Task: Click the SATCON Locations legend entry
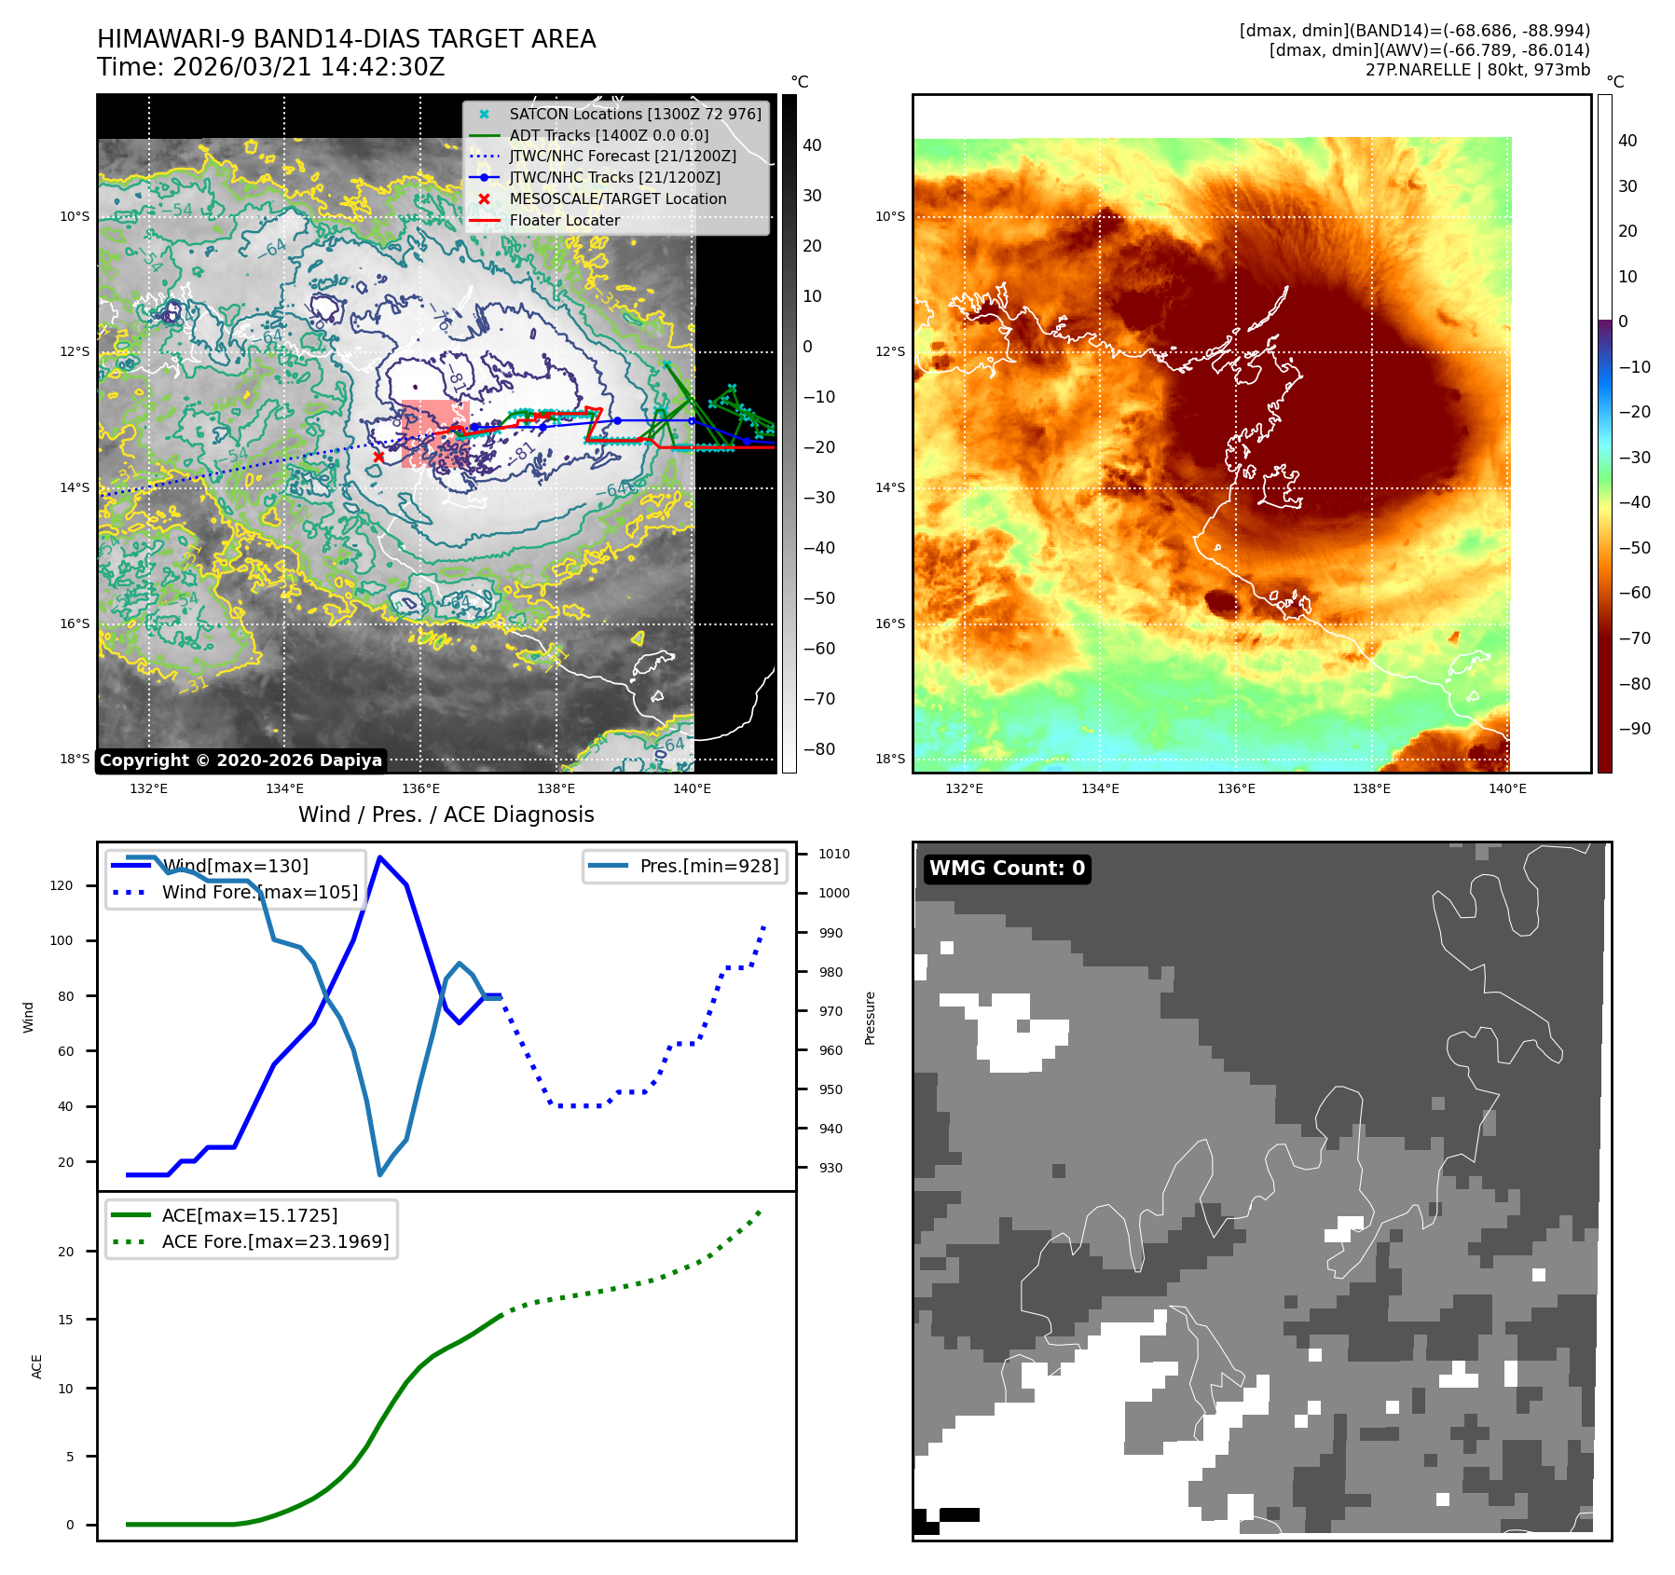click(x=635, y=114)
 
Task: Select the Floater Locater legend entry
click(x=564, y=220)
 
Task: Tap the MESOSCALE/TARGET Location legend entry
click(x=617, y=199)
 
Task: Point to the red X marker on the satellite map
click(x=378, y=457)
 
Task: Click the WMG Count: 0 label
click(x=1007, y=869)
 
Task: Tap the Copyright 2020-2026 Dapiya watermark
click(x=240, y=760)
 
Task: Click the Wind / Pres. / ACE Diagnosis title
click(x=446, y=815)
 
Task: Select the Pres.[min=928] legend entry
click(x=708, y=866)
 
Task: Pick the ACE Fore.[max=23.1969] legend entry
click(x=275, y=1241)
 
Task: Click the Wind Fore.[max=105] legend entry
click(x=259, y=892)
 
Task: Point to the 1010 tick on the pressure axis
click(x=834, y=854)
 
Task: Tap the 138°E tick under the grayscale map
click(x=556, y=788)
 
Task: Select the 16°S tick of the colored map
click(x=890, y=623)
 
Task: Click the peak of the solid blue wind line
click(x=379, y=856)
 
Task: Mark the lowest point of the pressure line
click(x=379, y=1174)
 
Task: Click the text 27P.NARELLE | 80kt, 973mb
click(x=1477, y=70)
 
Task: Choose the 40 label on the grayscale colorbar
click(x=812, y=145)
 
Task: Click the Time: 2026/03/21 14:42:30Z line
click(x=271, y=67)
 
